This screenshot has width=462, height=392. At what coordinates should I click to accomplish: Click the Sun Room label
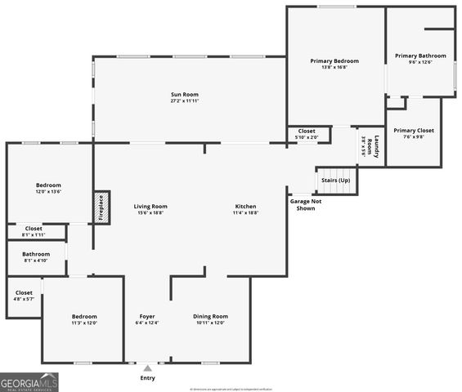(x=184, y=98)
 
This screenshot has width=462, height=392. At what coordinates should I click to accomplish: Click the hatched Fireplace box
(x=101, y=207)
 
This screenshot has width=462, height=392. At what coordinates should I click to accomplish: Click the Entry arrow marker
(x=147, y=368)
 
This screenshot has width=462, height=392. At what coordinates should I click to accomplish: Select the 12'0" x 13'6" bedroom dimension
(x=47, y=192)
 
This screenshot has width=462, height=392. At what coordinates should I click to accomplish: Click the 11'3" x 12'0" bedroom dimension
(x=83, y=323)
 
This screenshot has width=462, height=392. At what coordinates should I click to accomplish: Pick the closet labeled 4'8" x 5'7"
(x=24, y=295)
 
